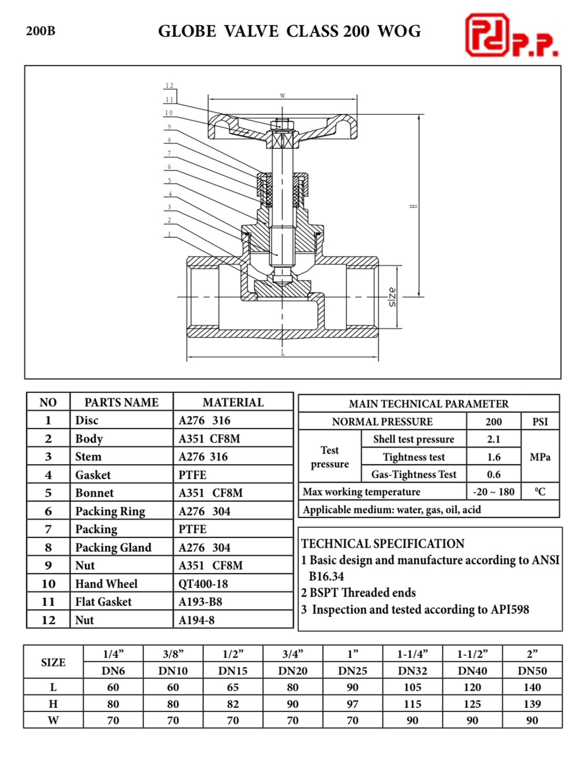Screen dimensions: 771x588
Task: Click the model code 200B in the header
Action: coord(40,31)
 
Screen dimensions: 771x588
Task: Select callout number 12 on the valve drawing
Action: coord(169,86)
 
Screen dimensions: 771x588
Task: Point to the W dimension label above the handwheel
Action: coord(282,96)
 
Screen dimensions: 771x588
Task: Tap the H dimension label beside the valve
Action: coord(414,206)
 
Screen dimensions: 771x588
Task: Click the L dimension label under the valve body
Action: coord(282,353)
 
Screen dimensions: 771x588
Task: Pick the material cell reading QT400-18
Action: coord(203,584)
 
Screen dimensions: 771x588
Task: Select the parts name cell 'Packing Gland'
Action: coord(113,547)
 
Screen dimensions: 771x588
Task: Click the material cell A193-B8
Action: coord(200,602)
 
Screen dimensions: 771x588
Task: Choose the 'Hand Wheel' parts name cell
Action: coord(106,584)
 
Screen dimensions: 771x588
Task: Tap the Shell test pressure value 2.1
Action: coord(493,439)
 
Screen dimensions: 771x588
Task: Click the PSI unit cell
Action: coord(540,422)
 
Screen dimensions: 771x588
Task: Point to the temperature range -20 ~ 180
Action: coord(493,492)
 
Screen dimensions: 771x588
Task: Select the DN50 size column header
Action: coord(532,670)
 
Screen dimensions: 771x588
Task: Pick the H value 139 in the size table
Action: coord(532,704)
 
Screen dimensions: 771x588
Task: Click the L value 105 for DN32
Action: coord(412,687)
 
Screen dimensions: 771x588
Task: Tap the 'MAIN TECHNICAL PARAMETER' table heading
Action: coord(429,404)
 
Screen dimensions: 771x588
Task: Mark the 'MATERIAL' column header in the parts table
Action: coord(233,403)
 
